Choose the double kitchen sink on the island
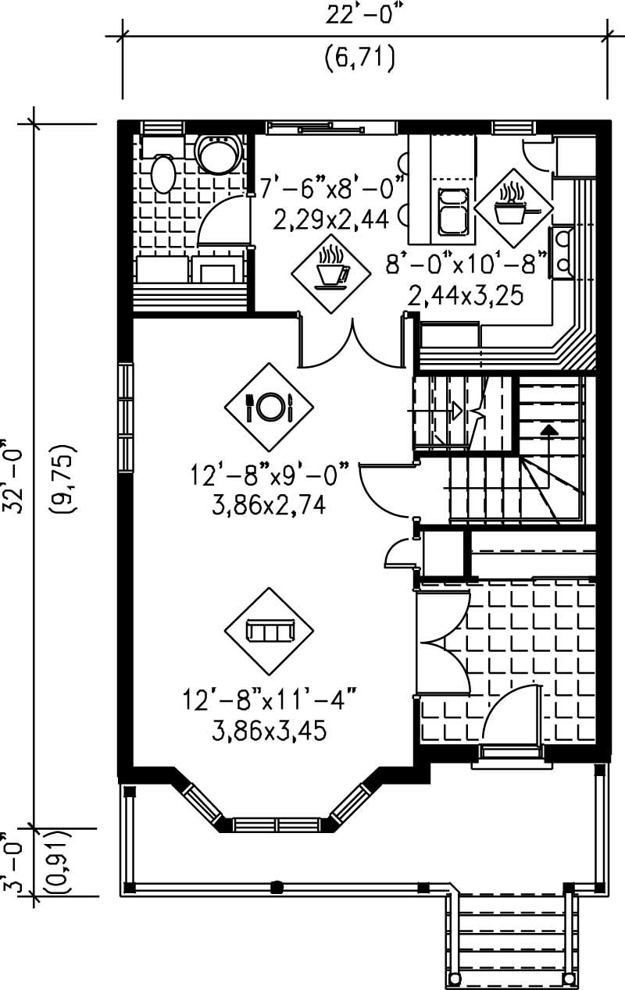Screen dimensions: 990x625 453,211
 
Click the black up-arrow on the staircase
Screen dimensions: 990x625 549,429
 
